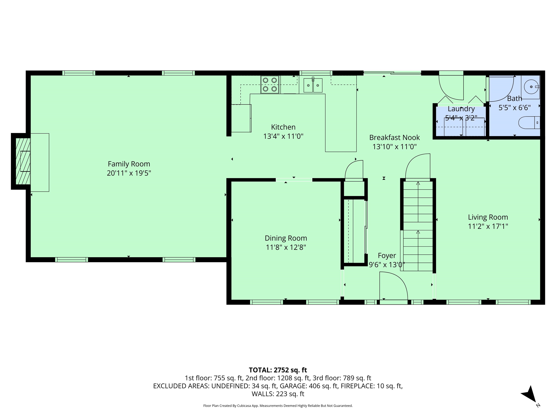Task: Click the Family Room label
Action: [129, 164]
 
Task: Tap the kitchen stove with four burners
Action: [270, 85]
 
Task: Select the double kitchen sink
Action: [313, 85]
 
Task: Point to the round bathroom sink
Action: [530, 87]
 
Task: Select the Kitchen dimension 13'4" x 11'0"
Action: [283, 136]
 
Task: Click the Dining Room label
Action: [286, 238]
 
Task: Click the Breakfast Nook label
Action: [394, 138]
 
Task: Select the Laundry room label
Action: [461, 109]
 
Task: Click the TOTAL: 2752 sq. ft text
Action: [278, 370]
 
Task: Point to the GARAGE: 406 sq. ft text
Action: [309, 386]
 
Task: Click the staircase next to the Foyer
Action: [418, 226]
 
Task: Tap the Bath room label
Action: [514, 98]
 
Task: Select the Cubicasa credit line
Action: [278, 405]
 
